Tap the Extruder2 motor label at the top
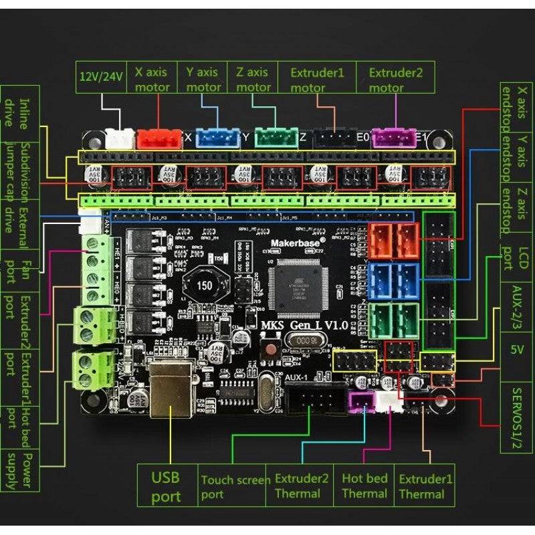396,79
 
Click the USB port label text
166,488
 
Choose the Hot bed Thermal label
364,486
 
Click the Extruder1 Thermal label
426,486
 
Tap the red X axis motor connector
158,138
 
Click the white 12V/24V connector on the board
120,138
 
